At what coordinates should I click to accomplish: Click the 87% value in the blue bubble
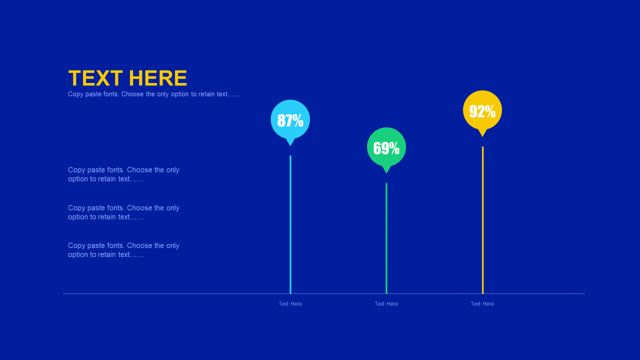290,120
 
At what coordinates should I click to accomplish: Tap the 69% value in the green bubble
386,148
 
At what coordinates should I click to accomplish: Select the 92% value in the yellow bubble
482,111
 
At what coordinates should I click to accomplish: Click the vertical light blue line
290,224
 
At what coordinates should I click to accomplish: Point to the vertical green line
386,238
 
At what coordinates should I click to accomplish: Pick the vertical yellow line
482,220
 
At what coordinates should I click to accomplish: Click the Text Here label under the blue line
290,303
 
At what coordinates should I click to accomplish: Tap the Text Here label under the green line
386,303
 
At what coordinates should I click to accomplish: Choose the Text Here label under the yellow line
482,303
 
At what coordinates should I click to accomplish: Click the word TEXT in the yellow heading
95,78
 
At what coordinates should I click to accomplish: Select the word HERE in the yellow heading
158,78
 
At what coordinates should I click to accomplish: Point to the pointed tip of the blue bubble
290,146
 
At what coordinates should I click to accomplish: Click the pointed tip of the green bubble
386,173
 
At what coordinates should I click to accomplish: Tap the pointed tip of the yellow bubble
482,136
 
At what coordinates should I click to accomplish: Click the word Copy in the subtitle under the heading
75,94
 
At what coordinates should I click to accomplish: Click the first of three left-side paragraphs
123,174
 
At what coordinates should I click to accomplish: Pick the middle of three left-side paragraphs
123,212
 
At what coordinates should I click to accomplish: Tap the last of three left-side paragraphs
123,250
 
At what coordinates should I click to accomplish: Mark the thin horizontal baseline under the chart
324,293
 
